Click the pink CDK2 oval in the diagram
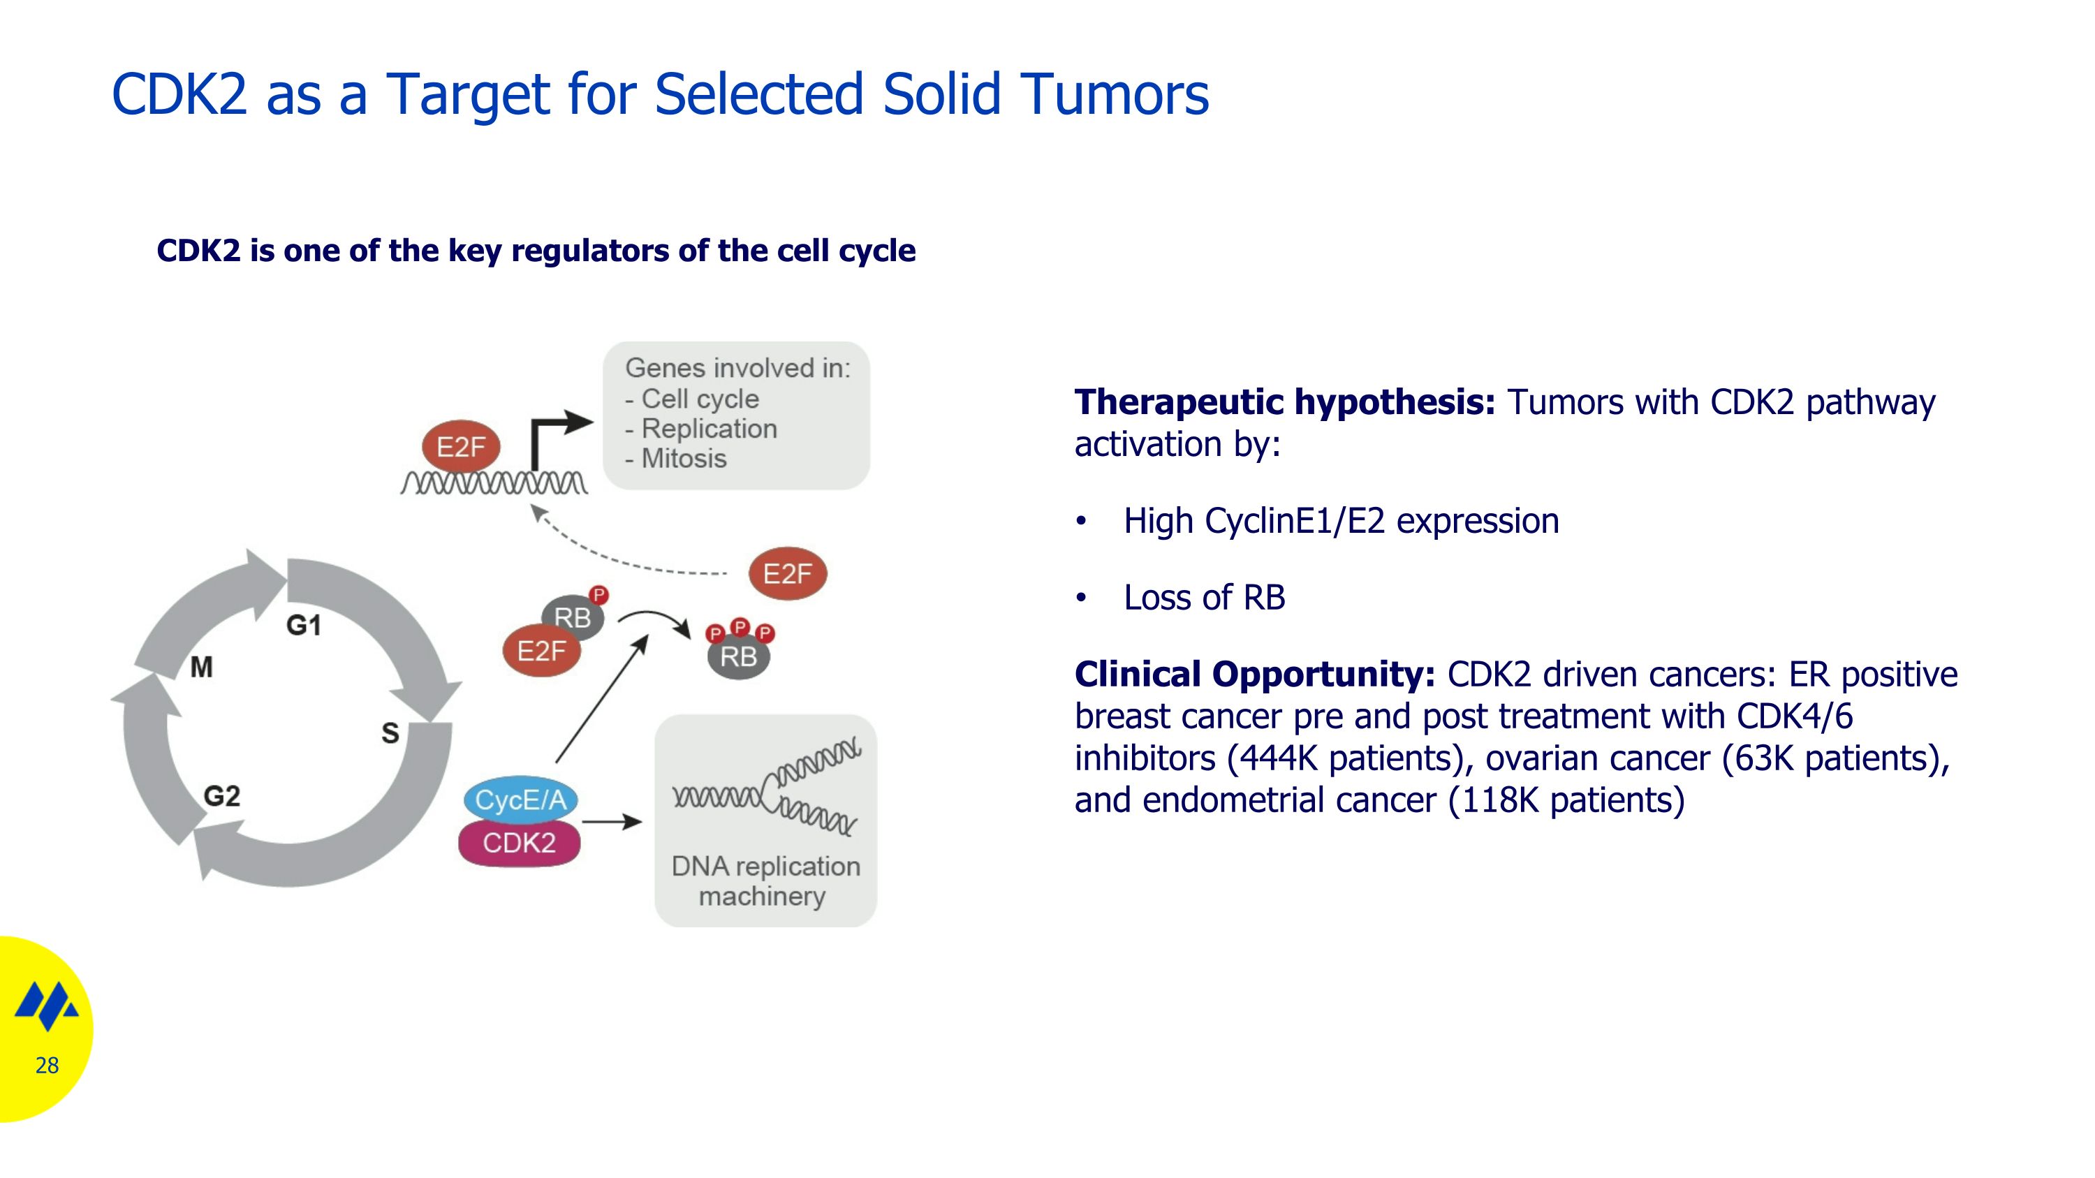tap(519, 843)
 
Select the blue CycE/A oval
tap(520, 800)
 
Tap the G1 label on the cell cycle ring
tap(303, 625)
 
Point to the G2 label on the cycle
tap(222, 796)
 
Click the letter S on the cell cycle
tap(390, 733)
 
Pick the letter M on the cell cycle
tap(202, 668)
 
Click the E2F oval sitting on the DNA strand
tap(461, 446)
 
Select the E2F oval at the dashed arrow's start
tap(787, 574)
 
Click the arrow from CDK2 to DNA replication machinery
tap(612, 822)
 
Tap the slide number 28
tap(47, 1065)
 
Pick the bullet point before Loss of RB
tap(1081, 598)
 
